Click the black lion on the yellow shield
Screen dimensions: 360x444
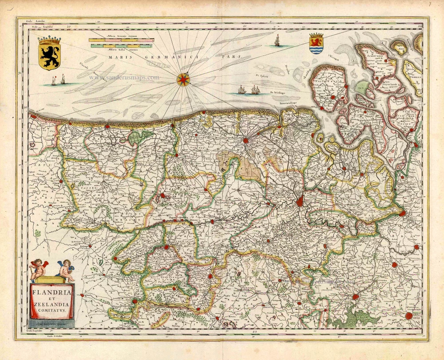(x=49, y=55)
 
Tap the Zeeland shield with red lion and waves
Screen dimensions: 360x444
(x=316, y=44)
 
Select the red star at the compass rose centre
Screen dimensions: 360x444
(x=183, y=80)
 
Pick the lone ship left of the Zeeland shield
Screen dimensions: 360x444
(x=276, y=41)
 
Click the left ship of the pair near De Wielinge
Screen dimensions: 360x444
(x=242, y=90)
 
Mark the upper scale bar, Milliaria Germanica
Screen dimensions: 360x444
(x=121, y=40)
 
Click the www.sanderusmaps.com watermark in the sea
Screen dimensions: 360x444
(x=124, y=77)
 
